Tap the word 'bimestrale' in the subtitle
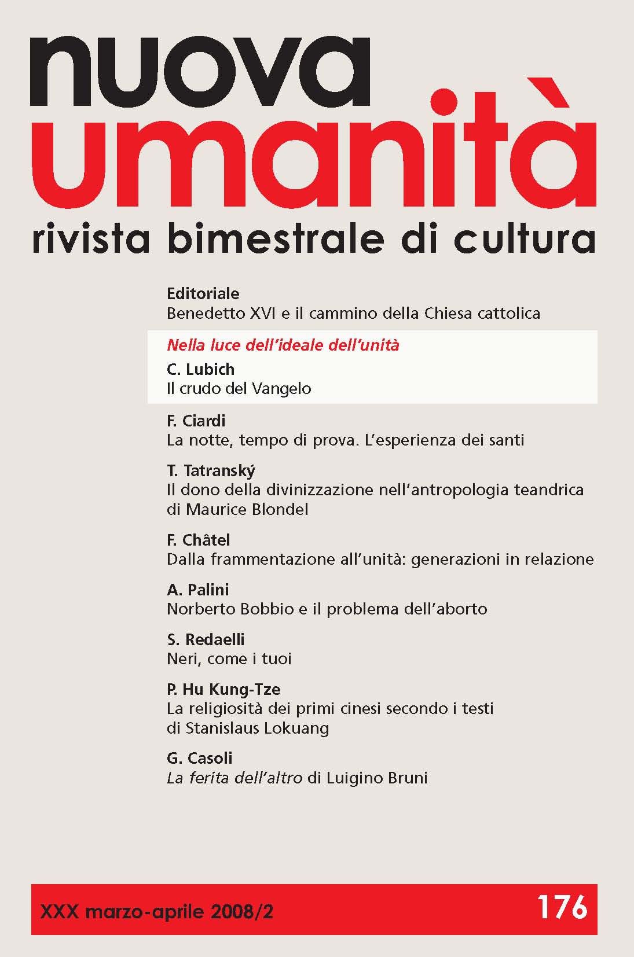pos(276,239)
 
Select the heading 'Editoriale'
pos(203,293)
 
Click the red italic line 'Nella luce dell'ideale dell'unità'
pos(283,345)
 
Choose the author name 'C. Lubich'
pos(200,369)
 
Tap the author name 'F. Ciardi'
pos(196,421)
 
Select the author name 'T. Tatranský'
pos(211,471)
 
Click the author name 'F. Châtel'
pos(198,540)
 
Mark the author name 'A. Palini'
pos(197,590)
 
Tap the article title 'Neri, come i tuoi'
pos(229,659)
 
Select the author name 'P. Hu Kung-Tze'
pos(223,689)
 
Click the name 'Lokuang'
pos(296,728)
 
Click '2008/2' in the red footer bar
pos(242,912)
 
